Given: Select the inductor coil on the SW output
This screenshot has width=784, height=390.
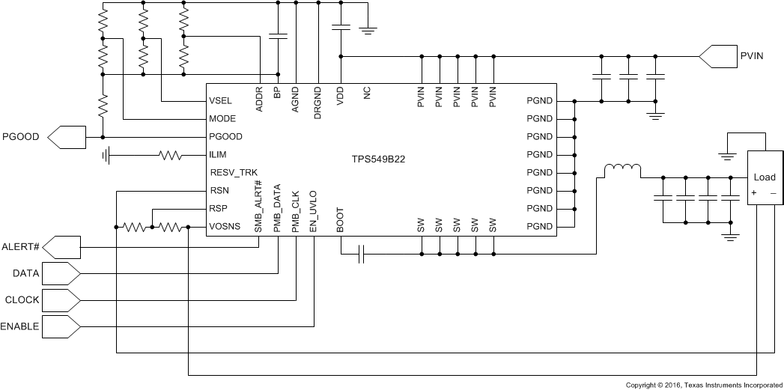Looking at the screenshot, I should coord(622,171).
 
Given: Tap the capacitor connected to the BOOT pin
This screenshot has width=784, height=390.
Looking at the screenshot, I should coord(360,255).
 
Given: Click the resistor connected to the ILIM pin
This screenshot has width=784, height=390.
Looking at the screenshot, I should coord(170,156).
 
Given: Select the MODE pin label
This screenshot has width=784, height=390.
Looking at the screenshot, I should coord(223,119).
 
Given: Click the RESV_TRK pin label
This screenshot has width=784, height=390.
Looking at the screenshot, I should coord(234,173).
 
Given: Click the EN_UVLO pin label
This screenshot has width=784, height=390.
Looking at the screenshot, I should coord(313,210).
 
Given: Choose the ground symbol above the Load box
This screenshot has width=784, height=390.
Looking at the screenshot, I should coord(726,156).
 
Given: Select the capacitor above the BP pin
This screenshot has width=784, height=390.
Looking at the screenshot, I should coord(278,35).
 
